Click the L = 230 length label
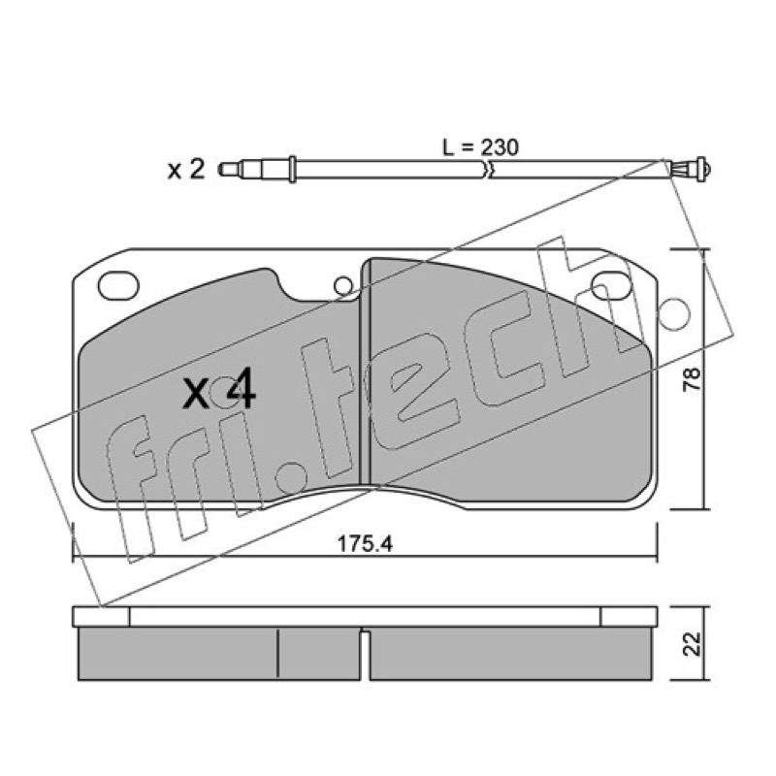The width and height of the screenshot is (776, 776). pos(480,147)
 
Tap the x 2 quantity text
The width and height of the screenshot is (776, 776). pos(185,170)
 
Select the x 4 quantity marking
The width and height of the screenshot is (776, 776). pos(219,392)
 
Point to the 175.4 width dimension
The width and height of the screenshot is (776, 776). pos(365,544)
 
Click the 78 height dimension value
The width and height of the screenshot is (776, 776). pos(692,379)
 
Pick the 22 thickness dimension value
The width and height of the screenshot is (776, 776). pos(692,643)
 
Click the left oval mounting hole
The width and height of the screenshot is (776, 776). pos(118,286)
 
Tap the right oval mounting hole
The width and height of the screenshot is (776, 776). pos(612,286)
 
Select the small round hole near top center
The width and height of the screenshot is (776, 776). pos(343,286)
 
